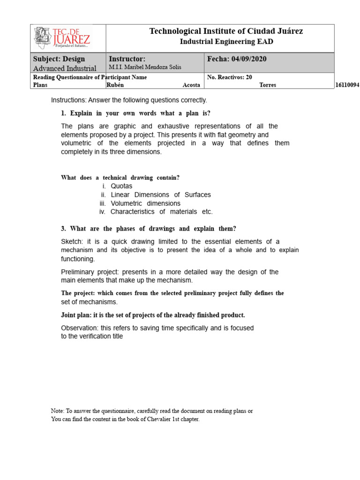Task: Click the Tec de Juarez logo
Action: (x=62, y=37)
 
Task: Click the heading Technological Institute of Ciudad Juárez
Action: (x=226, y=31)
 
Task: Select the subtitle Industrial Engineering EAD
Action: (x=226, y=42)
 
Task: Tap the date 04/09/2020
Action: (x=249, y=59)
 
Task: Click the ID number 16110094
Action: (x=347, y=85)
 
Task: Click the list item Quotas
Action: (x=121, y=186)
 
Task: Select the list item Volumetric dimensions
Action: (x=145, y=203)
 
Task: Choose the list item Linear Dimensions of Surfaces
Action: (x=161, y=195)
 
